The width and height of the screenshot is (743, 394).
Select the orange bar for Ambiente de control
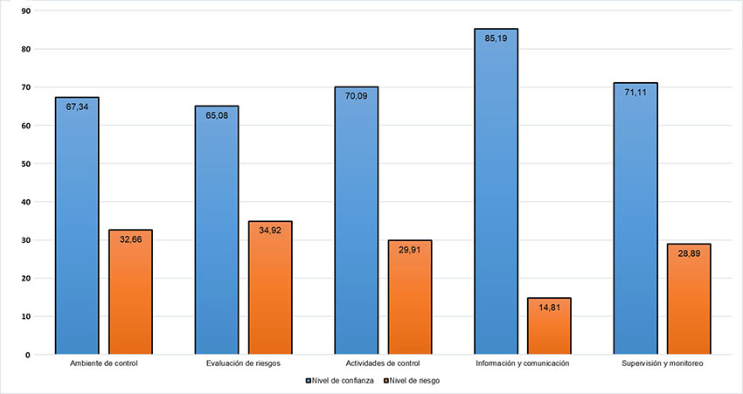pyautogui.click(x=130, y=292)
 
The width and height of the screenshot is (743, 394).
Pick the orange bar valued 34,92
pyautogui.click(x=270, y=287)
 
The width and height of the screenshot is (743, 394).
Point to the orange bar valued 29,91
pyautogui.click(x=410, y=297)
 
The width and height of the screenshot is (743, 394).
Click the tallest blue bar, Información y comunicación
pyautogui.click(x=496, y=191)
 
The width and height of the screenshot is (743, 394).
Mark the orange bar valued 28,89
pyautogui.click(x=689, y=299)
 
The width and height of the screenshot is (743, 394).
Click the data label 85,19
pyautogui.click(x=496, y=38)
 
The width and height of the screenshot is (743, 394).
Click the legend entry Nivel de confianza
pyautogui.click(x=341, y=380)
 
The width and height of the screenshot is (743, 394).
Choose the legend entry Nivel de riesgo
pyautogui.click(x=413, y=380)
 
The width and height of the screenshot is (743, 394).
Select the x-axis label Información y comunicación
pyautogui.click(x=523, y=362)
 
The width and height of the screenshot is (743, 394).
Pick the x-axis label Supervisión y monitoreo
pyautogui.click(x=662, y=362)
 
